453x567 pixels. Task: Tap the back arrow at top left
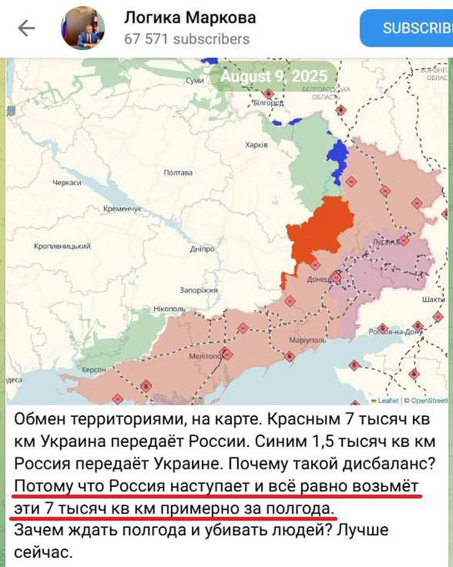[27, 28]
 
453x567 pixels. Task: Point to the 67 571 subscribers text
[187, 38]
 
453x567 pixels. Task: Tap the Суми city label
[195, 80]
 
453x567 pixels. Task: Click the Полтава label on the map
[179, 173]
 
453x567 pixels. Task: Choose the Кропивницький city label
[63, 247]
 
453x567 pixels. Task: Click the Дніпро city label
[203, 248]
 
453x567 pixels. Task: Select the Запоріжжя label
[199, 290]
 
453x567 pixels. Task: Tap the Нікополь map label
[169, 309]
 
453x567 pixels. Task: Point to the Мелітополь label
[204, 355]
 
